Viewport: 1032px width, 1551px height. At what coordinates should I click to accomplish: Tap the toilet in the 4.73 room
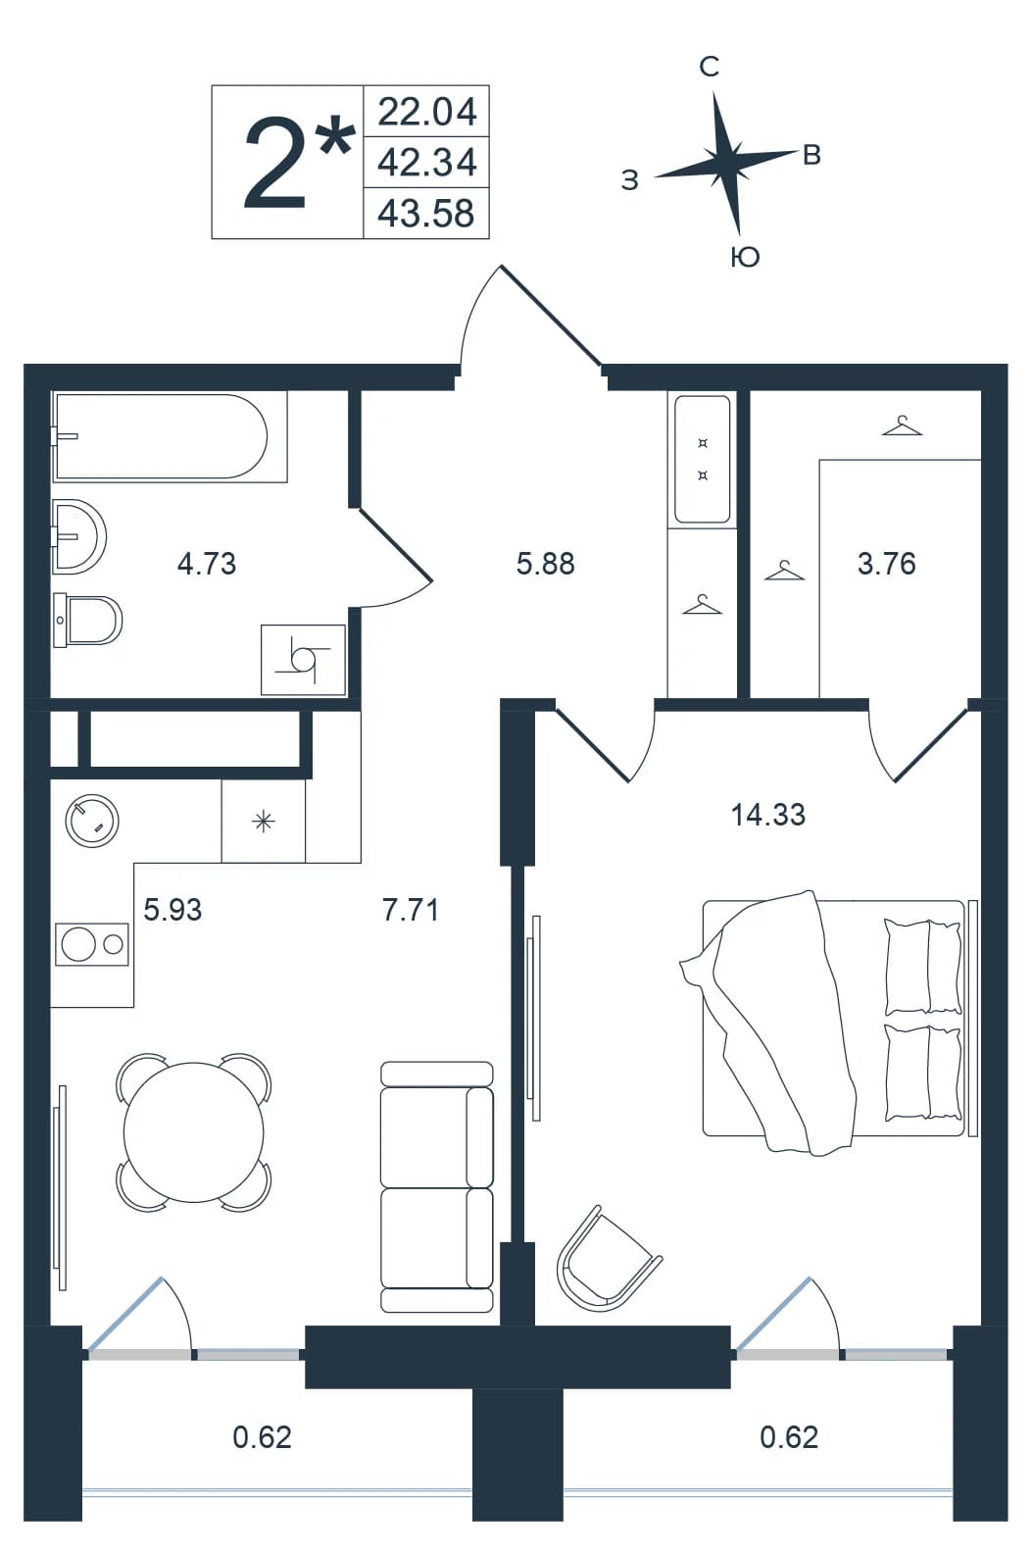click(88, 620)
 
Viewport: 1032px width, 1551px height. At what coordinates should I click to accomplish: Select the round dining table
click(194, 1132)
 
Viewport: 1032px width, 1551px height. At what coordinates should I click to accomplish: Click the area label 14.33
click(768, 815)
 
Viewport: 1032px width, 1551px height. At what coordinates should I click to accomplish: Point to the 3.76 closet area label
click(887, 564)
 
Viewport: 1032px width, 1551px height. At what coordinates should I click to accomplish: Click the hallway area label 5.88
click(546, 564)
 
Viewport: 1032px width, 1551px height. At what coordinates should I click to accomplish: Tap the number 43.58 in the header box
click(426, 214)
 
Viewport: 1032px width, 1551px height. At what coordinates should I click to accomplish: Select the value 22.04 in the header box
click(427, 112)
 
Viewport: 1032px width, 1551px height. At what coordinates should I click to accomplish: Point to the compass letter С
click(710, 67)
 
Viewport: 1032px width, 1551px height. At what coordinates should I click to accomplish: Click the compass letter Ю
click(745, 257)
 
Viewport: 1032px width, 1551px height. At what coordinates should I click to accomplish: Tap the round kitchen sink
click(92, 822)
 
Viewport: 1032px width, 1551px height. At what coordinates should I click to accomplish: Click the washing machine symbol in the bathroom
click(303, 660)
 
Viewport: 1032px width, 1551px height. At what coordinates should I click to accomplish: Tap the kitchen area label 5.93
click(172, 909)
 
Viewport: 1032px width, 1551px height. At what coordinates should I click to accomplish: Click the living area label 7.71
click(411, 909)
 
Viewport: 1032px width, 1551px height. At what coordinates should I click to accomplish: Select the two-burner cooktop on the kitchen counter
click(92, 944)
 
